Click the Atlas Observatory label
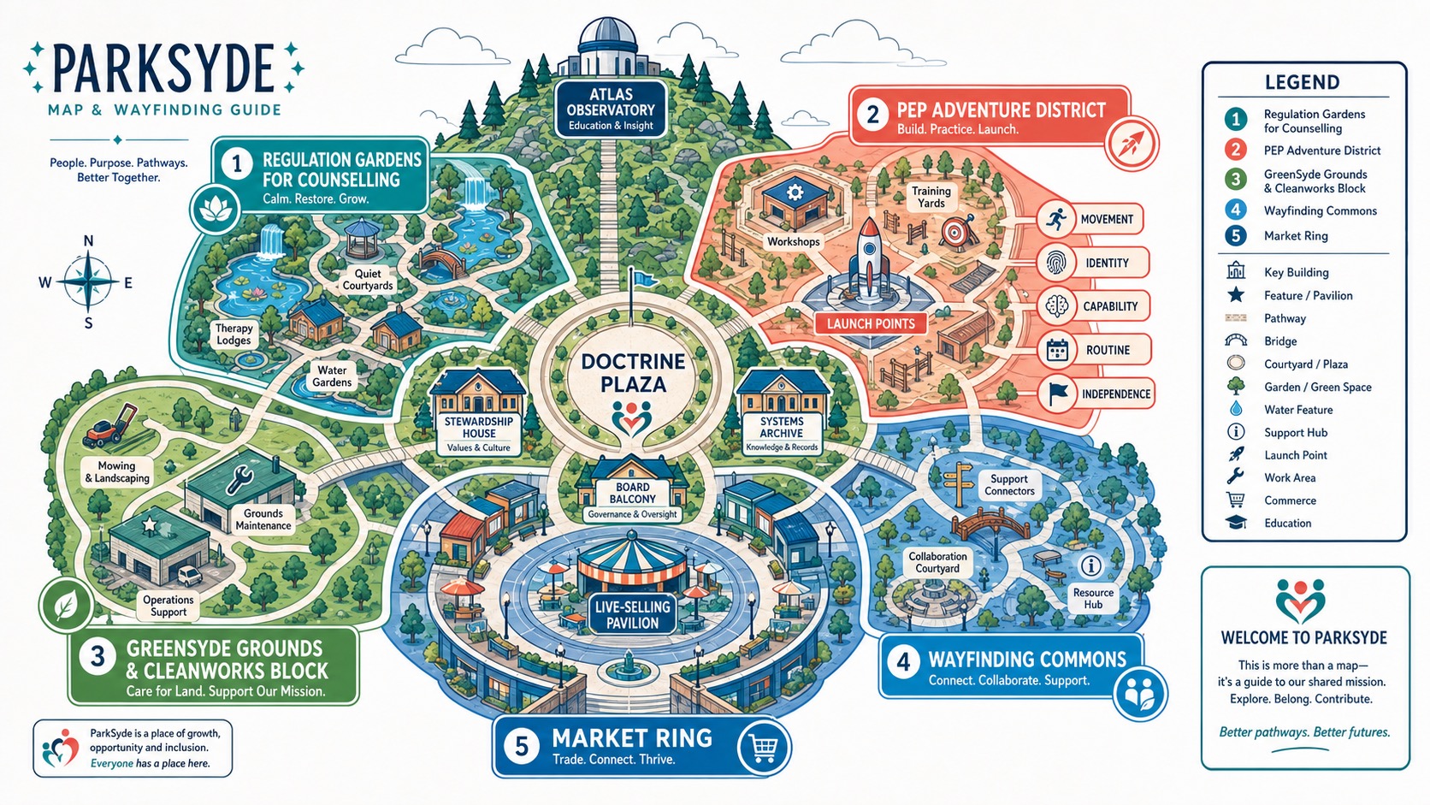[611, 110]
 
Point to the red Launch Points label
[871, 323]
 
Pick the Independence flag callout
[1094, 394]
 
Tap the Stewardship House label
[479, 434]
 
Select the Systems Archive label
[782, 434]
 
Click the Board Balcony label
[632, 500]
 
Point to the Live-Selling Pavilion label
[632, 615]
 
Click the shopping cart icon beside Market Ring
[764, 747]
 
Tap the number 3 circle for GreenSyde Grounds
[97, 655]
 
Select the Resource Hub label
[1093, 598]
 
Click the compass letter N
[89, 240]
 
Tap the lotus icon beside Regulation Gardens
[216, 209]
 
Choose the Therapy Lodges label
[233, 334]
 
